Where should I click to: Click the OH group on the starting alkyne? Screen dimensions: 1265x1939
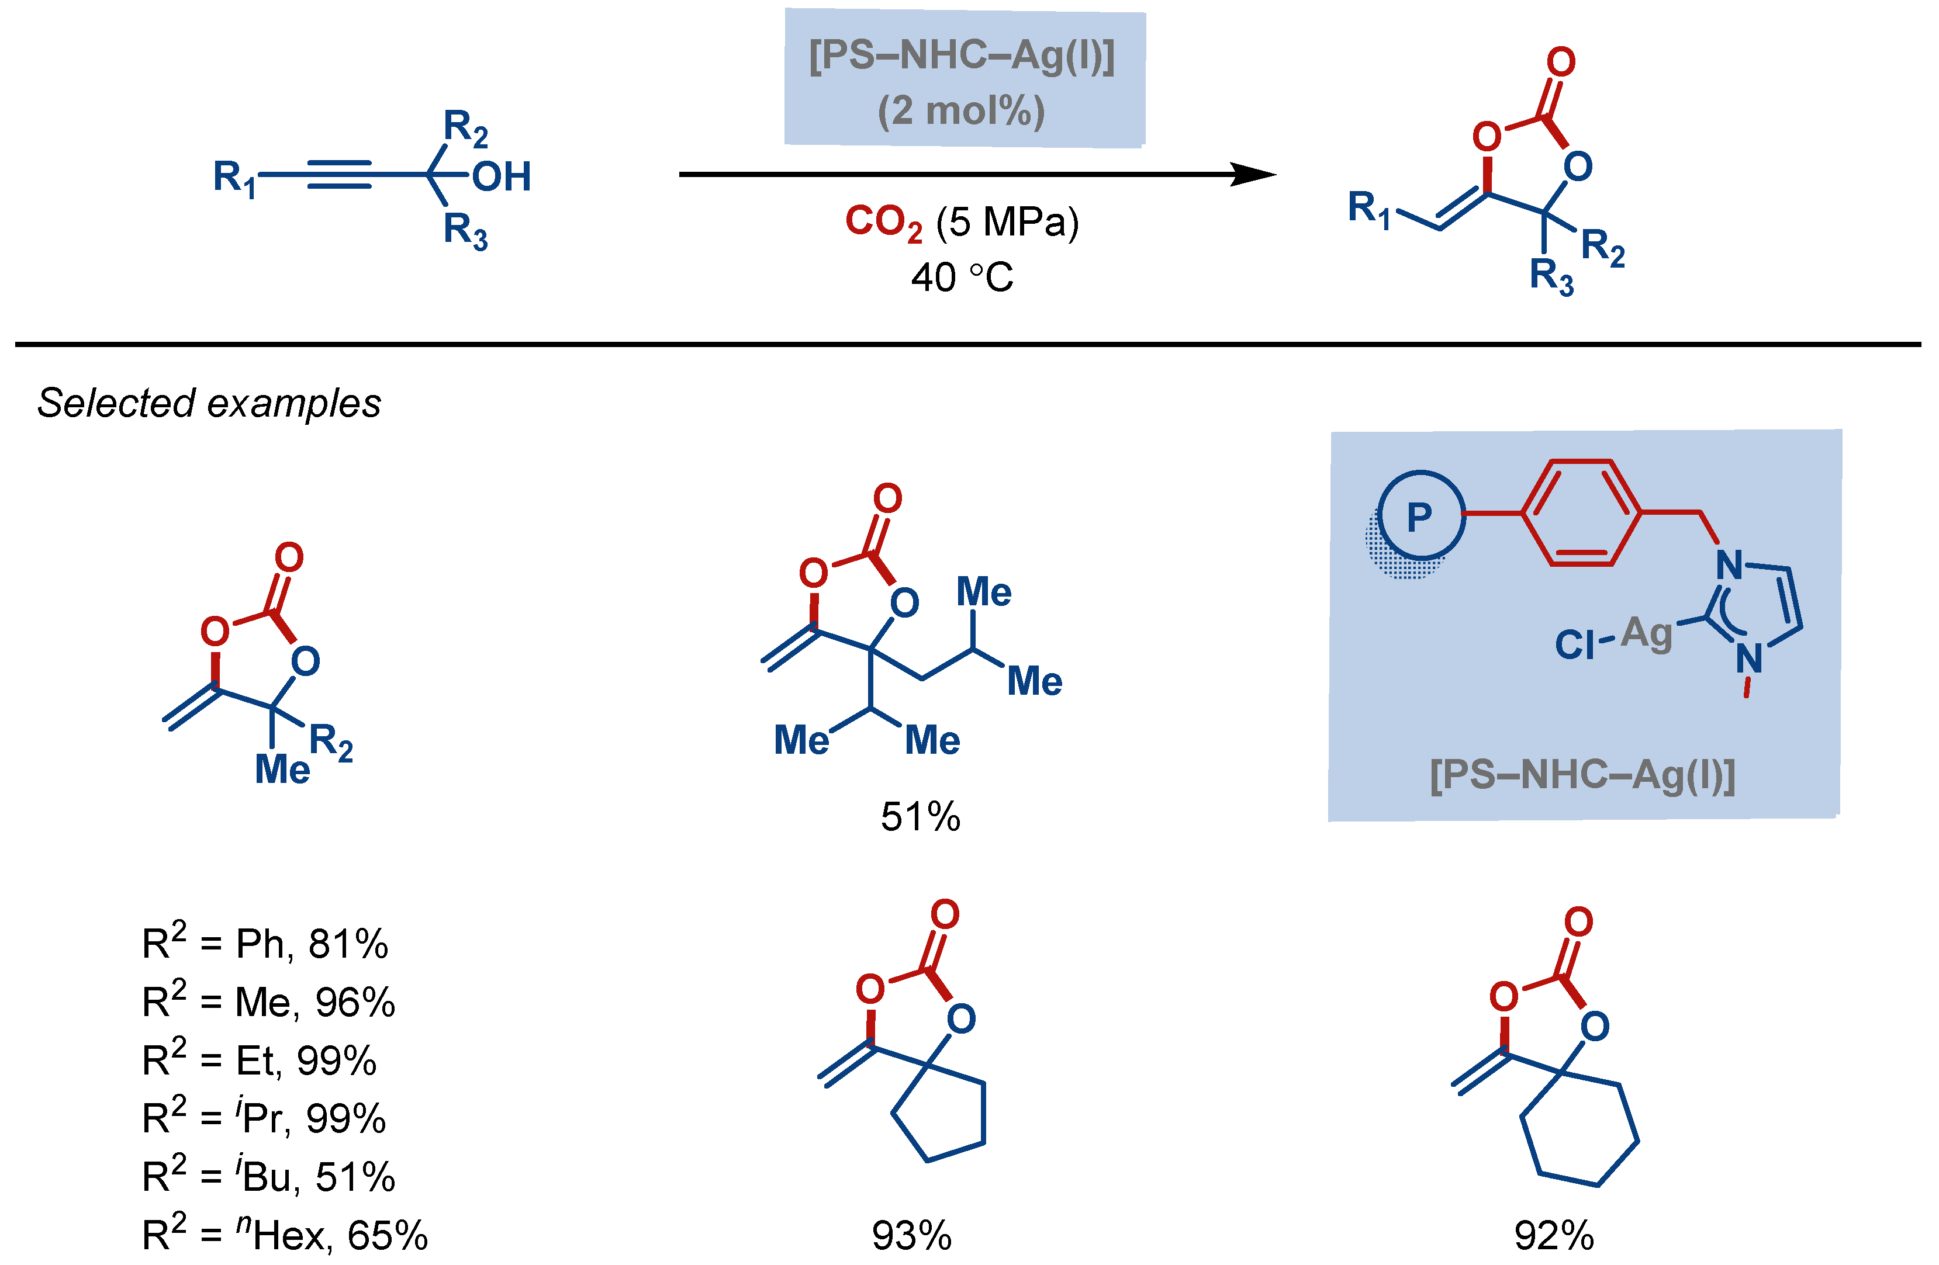tap(501, 177)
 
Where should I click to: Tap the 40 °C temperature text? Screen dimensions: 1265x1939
tap(962, 278)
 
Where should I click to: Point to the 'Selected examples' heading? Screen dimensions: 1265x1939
tap(209, 403)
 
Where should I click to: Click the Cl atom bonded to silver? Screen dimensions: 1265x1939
tap(1574, 645)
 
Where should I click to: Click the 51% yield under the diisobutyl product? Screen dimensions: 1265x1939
tap(921, 817)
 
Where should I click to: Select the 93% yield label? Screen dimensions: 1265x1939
tap(912, 1236)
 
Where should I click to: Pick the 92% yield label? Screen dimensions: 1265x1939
tap(1554, 1236)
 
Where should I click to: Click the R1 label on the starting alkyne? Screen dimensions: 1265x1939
tap(234, 178)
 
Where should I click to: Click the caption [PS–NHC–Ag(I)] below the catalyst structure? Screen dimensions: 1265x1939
tap(1582, 775)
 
